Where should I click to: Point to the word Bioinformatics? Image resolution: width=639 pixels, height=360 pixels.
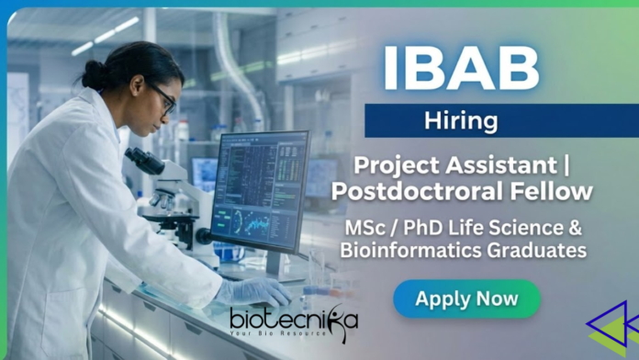pos(425,249)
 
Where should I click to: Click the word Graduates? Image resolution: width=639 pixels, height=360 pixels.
pos(540,249)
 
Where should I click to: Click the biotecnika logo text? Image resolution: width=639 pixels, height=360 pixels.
pos(294,320)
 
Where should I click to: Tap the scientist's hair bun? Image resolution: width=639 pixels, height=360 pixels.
pos(94,73)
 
